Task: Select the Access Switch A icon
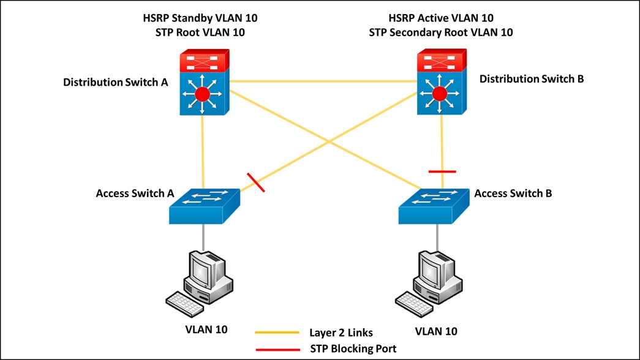(205, 204)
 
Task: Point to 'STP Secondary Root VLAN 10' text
(441, 32)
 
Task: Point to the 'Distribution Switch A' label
(116, 82)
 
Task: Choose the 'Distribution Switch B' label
(532, 79)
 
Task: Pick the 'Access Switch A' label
(135, 193)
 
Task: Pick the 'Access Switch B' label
(513, 193)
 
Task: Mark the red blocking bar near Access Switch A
(255, 182)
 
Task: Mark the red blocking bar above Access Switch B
(442, 171)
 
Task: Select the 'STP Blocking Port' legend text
(349, 349)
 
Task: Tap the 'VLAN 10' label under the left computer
(206, 329)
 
